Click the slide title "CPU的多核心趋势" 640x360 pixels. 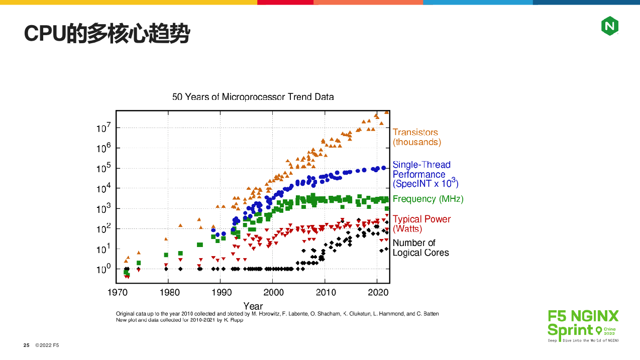pos(107,34)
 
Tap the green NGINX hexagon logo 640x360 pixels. pos(609,26)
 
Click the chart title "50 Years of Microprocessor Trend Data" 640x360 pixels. pos(253,96)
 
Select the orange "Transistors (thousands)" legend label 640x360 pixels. pos(416,137)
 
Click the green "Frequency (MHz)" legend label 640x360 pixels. pos(428,199)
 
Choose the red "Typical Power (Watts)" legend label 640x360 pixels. pos(421,224)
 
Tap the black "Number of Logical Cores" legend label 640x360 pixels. pos(420,248)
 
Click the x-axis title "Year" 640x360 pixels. pos(253,306)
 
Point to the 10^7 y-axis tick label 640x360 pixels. pos(103,128)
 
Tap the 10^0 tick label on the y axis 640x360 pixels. pos(103,269)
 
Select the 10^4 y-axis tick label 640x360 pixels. pos(103,188)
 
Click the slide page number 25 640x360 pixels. pos(27,345)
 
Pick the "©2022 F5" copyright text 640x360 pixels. pos(47,345)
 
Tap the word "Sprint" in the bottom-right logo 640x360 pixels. pos(570,330)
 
